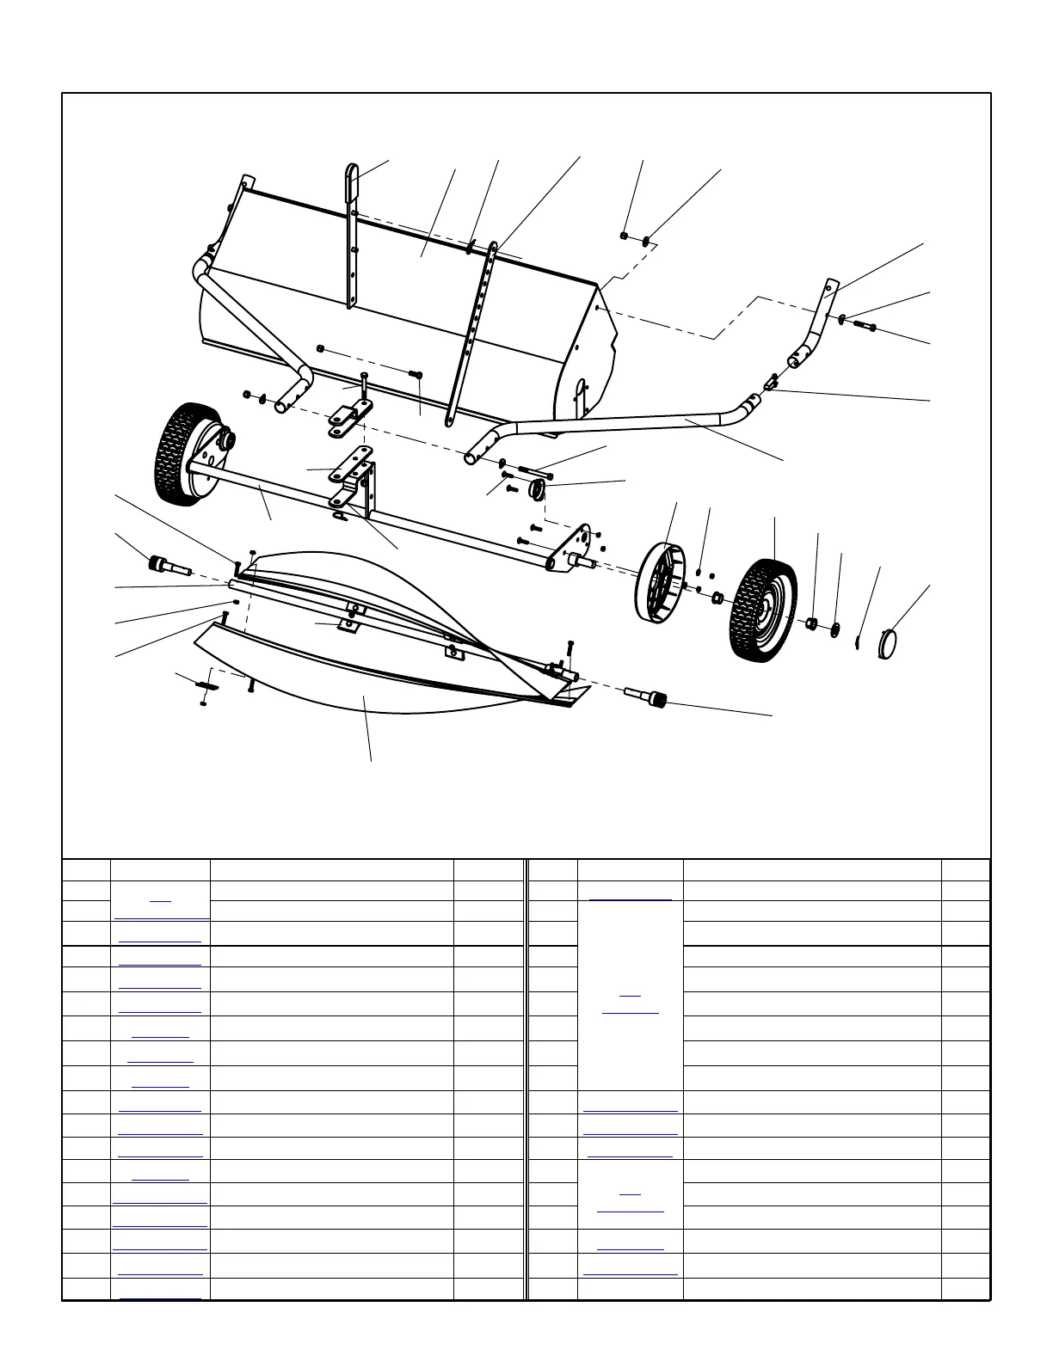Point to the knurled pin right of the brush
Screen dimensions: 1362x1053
[x=652, y=696]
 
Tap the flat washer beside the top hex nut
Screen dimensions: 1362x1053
[x=645, y=240]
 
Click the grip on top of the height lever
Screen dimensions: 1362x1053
[x=354, y=181]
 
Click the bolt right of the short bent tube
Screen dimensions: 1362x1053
[x=863, y=326]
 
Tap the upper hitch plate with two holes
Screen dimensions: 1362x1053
[x=348, y=419]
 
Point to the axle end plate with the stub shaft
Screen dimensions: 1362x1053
[x=576, y=550]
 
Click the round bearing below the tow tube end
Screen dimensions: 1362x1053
[x=539, y=490]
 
